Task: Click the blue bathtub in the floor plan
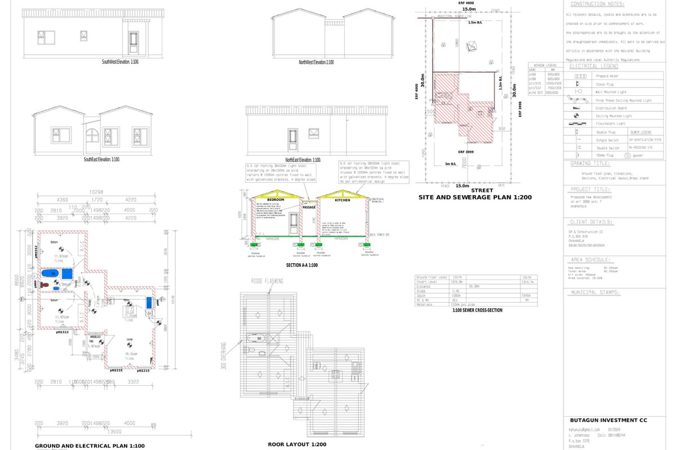(x=50, y=273)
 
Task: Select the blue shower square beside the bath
(x=68, y=273)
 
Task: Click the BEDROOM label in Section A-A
(x=275, y=200)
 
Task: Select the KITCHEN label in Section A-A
(x=343, y=200)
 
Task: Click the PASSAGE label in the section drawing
(x=309, y=207)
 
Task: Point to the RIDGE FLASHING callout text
(x=267, y=281)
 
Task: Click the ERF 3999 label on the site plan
(x=465, y=152)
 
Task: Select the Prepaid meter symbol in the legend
(x=580, y=75)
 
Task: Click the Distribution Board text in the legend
(x=612, y=108)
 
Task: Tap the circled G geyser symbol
(x=628, y=155)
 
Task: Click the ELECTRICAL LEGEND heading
(x=591, y=66)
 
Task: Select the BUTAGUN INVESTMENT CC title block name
(x=608, y=420)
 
